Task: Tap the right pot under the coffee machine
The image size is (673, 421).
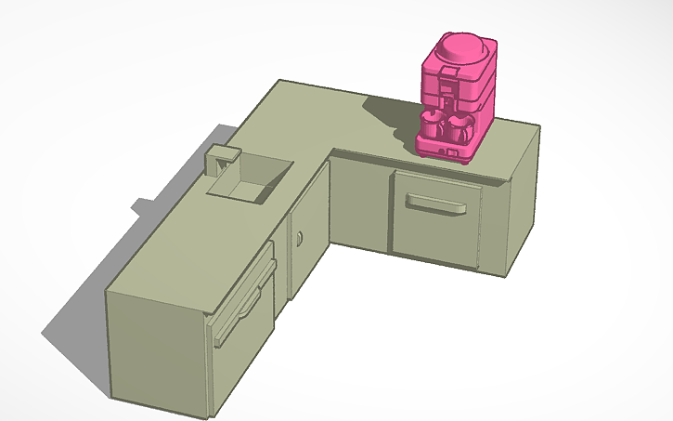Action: pos(460,127)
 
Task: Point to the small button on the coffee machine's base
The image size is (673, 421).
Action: pos(456,151)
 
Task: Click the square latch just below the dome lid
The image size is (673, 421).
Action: pos(450,71)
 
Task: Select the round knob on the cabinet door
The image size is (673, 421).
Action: pos(300,241)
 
